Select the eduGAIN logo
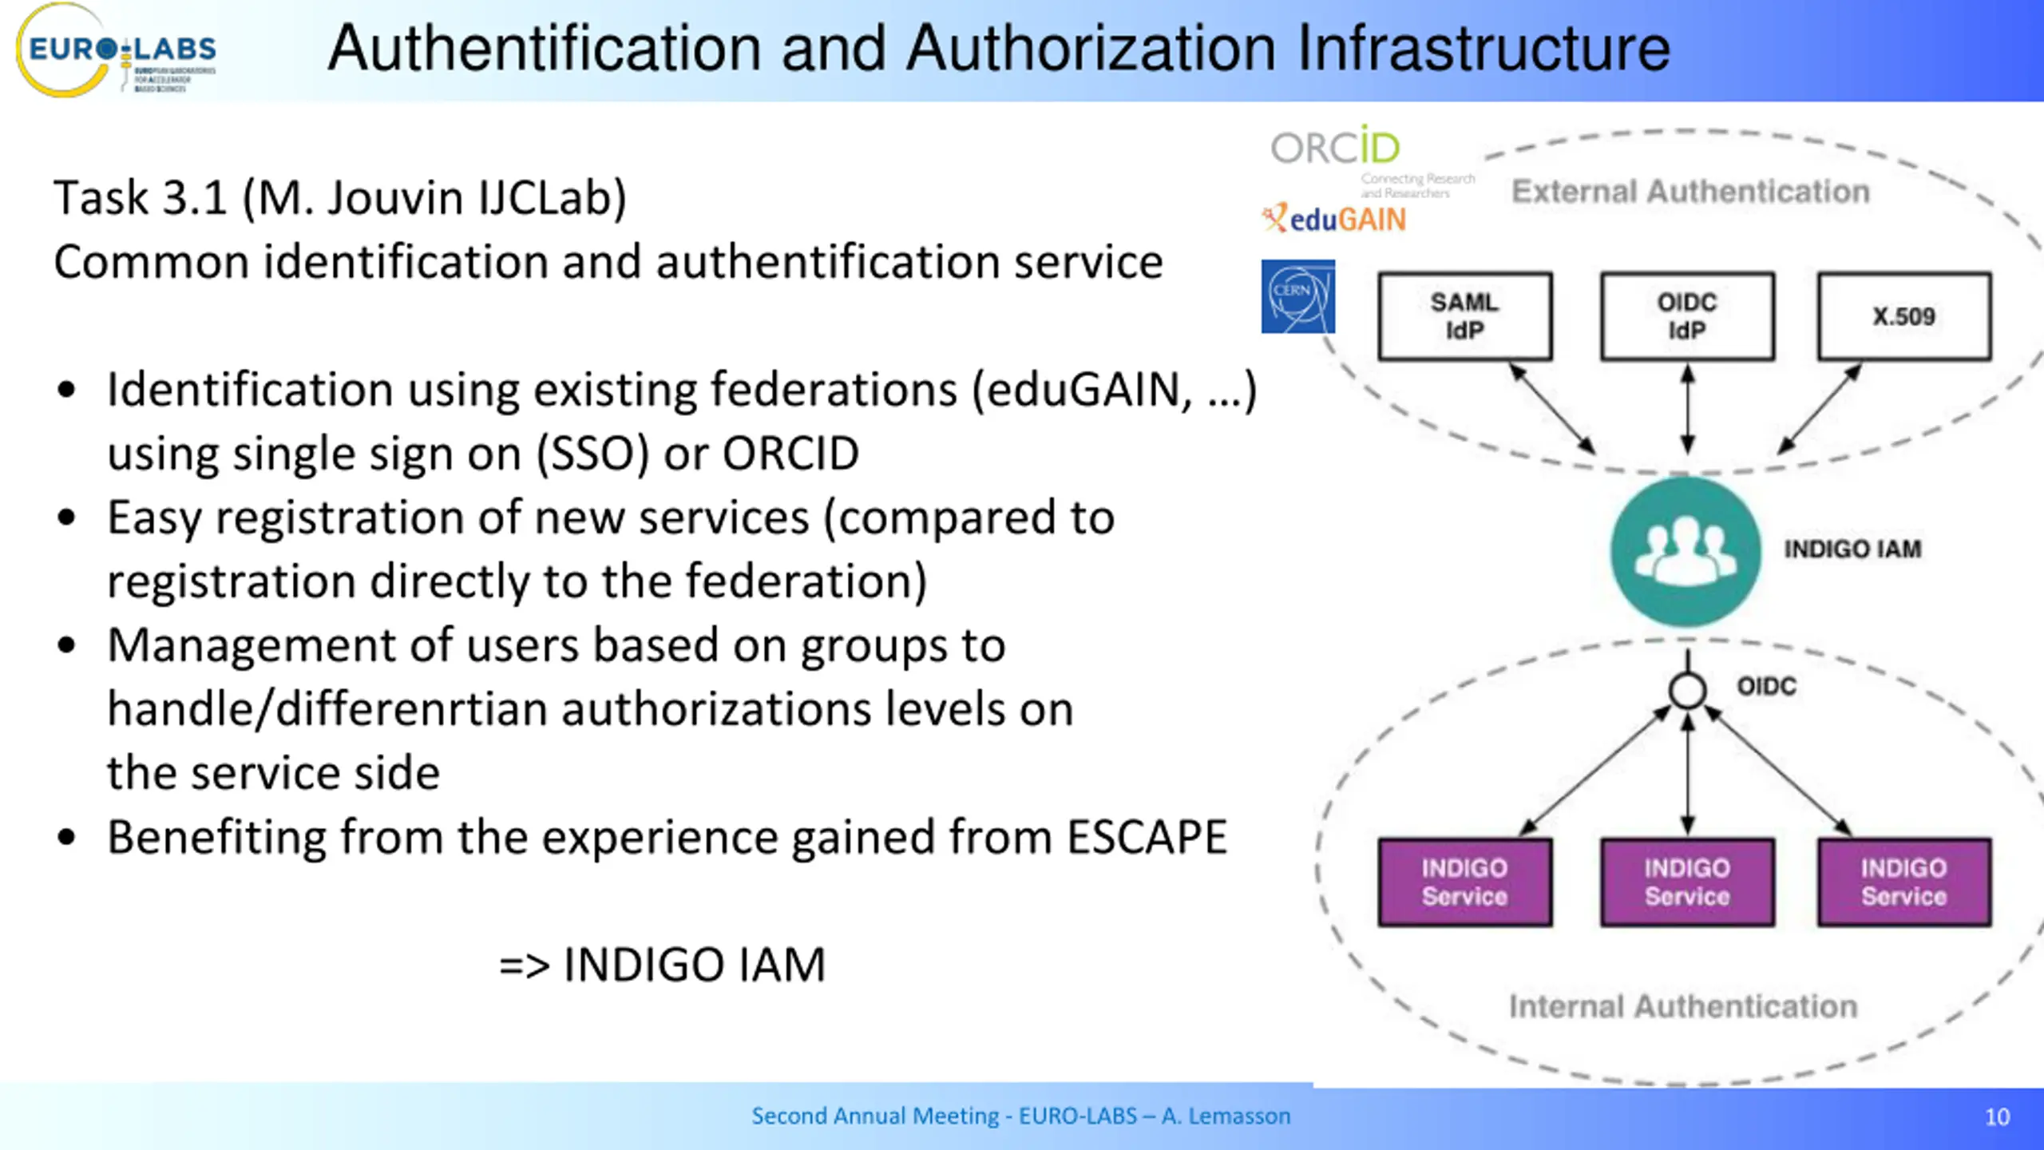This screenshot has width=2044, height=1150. pyautogui.click(x=1335, y=219)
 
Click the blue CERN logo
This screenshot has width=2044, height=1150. pyautogui.click(x=1297, y=296)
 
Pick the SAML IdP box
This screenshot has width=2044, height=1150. pyautogui.click(x=1464, y=316)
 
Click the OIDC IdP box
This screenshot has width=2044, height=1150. pyautogui.click(x=1687, y=316)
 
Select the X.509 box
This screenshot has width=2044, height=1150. pyautogui.click(x=1904, y=316)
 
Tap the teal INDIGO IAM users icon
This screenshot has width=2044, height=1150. pyautogui.click(x=1686, y=551)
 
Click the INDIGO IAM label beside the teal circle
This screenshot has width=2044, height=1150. pyautogui.click(x=1852, y=549)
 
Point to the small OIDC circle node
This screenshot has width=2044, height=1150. pyautogui.click(x=1687, y=691)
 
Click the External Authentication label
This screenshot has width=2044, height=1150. pyautogui.click(x=1690, y=192)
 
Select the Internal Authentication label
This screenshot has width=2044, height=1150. pyautogui.click(x=1683, y=1007)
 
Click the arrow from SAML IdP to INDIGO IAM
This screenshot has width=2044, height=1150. pyautogui.click(x=1551, y=409)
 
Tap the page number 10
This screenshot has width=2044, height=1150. pyautogui.click(x=1997, y=1116)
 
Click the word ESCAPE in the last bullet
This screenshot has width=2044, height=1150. pyautogui.click(x=1147, y=837)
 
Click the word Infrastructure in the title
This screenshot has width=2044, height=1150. pyautogui.click(x=1483, y=50)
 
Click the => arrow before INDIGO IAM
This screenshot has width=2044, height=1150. pyautogui.click(x=525, y=966)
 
